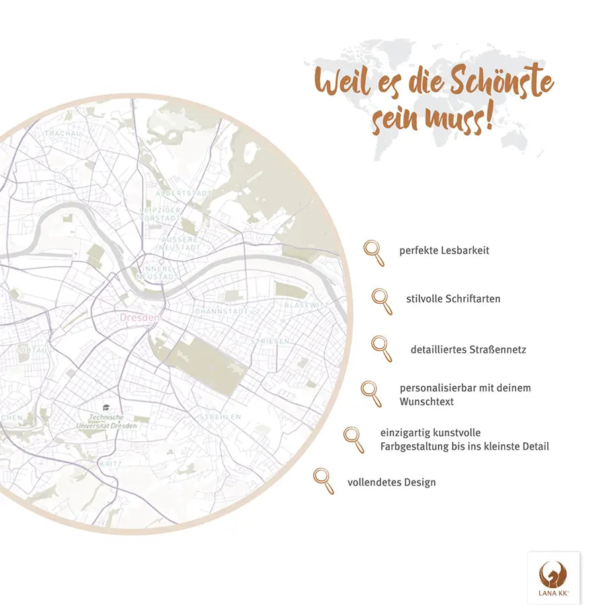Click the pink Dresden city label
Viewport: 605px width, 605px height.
(140, 317)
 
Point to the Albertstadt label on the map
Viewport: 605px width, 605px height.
(183, 193)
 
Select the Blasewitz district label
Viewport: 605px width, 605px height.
(307, 305)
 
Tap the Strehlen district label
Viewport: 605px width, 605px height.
(220, 417)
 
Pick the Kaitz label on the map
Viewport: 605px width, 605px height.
(110, 464)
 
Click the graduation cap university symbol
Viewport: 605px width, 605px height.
(106, 407)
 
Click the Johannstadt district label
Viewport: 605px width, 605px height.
(221, 312)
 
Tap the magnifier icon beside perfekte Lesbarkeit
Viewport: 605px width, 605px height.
(374, 252)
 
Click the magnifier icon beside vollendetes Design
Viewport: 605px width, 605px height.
(323, 481)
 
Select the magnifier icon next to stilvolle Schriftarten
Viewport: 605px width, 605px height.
(382, 300)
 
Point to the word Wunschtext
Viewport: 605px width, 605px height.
(427, 401)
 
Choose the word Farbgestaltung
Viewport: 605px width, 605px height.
(413, 446)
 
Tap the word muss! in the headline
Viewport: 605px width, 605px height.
(458, 120)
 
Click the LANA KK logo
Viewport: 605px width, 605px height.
(553, 578)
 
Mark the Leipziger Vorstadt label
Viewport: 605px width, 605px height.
(160, 214)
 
